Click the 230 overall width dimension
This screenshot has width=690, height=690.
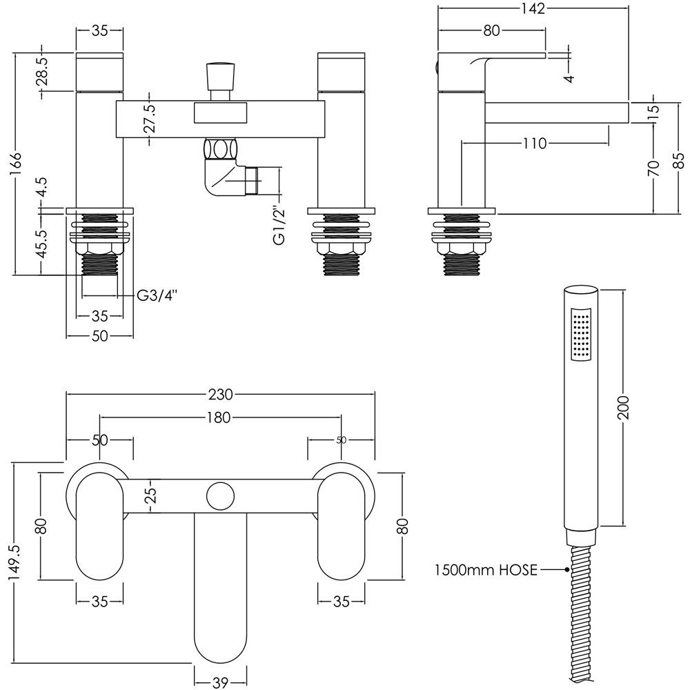(220, 395)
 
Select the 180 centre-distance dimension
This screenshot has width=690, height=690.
(220, 417)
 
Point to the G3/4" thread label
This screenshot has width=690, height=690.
(157, 296)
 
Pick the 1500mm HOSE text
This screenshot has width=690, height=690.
(486, 571)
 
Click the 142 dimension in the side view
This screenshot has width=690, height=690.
(533, 9)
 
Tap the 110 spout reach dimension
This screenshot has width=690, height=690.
(534, 144)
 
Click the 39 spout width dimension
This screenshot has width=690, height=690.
(220, 683)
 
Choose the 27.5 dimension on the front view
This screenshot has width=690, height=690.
(150, 119)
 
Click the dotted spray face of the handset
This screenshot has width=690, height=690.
(581, 335)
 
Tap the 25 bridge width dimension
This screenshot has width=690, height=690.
(152, 495)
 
